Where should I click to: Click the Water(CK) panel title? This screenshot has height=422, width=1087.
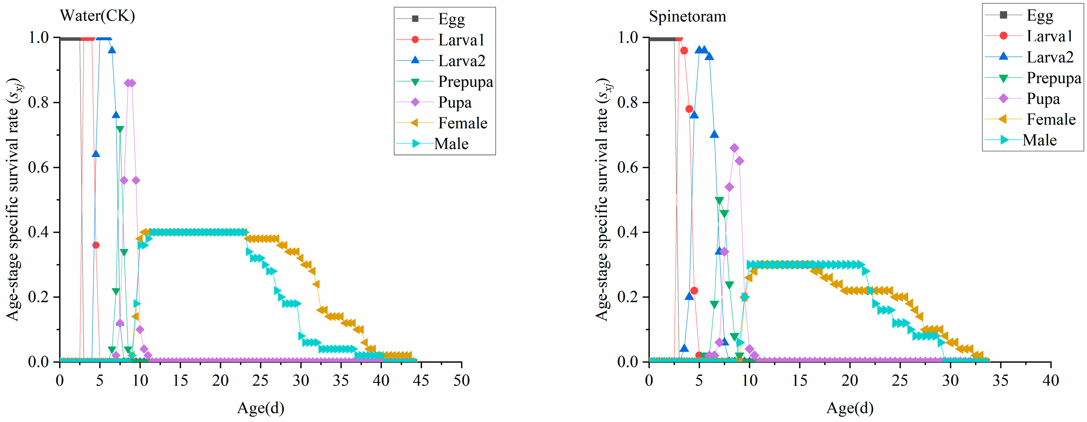click(x=97, y=16)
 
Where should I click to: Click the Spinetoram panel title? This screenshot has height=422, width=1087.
click(x=687, y=16)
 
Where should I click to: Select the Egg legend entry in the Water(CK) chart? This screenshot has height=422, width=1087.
click(x=431, y=19)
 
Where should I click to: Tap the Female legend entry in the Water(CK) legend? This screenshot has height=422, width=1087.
click(x=442, y=123)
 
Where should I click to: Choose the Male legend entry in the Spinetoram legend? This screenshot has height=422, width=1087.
click(x=1021, y=140)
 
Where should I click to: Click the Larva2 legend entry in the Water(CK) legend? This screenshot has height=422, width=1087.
click(x=441, y=60)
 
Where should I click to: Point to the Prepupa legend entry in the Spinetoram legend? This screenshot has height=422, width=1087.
click(x=1034, y=78)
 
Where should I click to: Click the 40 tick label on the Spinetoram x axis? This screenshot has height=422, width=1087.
click(x=1051, y=381)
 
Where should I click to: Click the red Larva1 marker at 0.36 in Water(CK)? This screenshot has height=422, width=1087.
click(x=96, y=245)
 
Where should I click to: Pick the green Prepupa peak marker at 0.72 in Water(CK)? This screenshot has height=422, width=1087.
click(x=120, y=129)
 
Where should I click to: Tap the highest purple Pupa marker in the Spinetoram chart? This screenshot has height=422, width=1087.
click(x=734, y=148)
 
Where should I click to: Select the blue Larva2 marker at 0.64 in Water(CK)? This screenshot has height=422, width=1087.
click(x=96, y=154)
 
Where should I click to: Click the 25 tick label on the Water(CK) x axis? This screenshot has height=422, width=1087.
click(x=261, y=381)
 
